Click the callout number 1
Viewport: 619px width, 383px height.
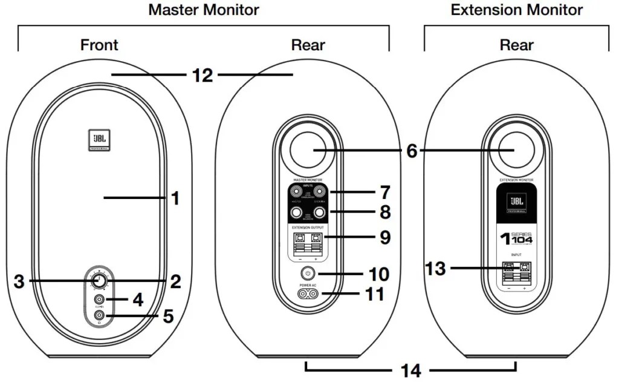point(175,198)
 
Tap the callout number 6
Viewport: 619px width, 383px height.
point(412,151)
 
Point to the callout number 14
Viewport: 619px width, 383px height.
point(411,370)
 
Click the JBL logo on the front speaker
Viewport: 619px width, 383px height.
point(99,141)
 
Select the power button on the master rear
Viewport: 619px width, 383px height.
point(308,273)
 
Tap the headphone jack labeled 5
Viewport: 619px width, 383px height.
point(99,315)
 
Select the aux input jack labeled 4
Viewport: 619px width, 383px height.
point(99,298)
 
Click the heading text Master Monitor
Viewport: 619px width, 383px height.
point(204,10)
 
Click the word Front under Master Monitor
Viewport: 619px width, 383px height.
point(99,45)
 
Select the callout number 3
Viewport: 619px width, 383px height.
point(20,281)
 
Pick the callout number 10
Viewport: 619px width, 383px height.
point(378,274)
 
